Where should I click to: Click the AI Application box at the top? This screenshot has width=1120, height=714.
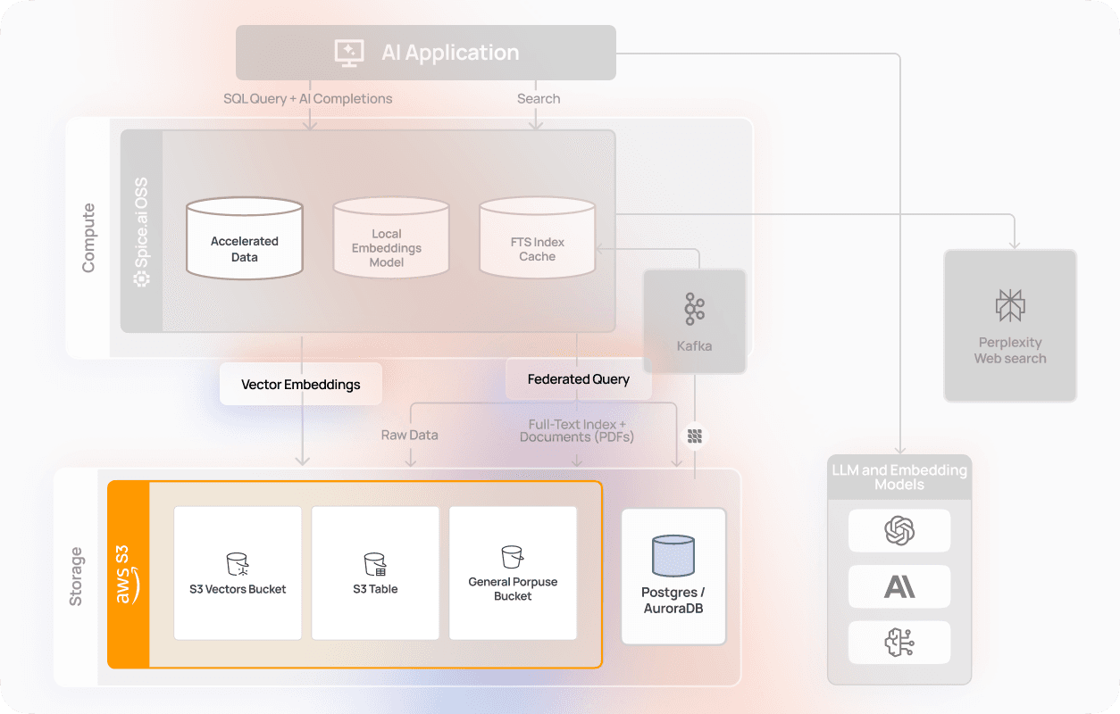coord(426,53)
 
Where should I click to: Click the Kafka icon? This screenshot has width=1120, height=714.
coord(694,309)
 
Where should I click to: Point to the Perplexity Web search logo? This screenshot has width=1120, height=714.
coord(1010,306)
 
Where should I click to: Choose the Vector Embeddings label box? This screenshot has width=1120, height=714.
coord(301,385)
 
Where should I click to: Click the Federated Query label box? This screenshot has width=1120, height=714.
coord(578,379)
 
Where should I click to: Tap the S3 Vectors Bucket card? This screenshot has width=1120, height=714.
coord(238,573)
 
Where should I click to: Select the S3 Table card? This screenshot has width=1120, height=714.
coord(375,573)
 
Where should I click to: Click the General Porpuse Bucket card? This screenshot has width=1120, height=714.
coord(513,573)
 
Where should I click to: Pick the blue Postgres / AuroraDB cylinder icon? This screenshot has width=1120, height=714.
coord(673,555)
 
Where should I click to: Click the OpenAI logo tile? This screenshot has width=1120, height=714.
coord(899,531)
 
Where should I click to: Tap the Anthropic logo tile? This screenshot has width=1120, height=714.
coord(899,586)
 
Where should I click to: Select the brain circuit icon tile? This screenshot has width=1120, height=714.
coord(899,643)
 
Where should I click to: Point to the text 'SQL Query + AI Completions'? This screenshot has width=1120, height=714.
coord(307,98)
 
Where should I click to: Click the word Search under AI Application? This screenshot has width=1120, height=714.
coord(539,98)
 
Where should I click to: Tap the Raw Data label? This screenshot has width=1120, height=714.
coord(410,435)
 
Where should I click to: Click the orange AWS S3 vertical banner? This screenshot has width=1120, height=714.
coord(129,575)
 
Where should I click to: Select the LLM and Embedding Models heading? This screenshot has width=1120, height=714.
coord(899,477)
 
